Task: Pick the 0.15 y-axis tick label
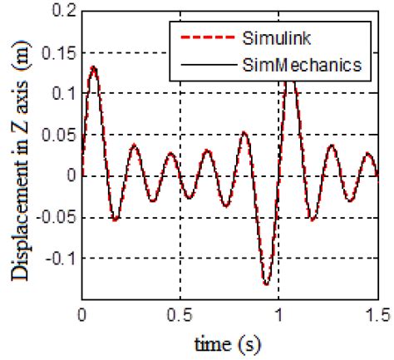tap(60, 53)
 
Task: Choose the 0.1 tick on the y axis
tap(64, 94)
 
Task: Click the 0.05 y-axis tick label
tap(60, 136)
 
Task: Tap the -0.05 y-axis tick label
tap(57, 218)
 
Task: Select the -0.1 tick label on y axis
tap(61, 259)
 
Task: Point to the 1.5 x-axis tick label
tap(377, 315)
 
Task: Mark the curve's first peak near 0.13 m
tap(94, 67)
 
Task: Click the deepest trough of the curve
tap(267, 284)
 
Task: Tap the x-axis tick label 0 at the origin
tap(82, 315)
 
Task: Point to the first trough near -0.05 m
tap(116, 220)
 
